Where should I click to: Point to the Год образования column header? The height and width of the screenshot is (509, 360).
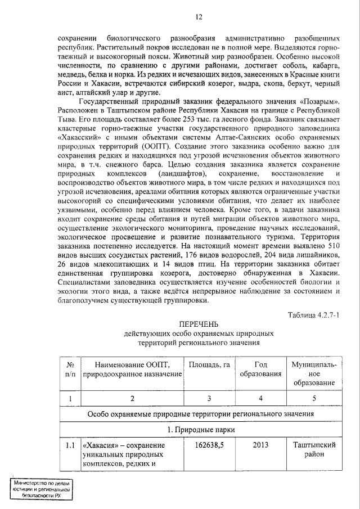260,369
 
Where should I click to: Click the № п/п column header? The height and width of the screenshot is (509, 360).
70,369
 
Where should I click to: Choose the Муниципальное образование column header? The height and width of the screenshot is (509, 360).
314,373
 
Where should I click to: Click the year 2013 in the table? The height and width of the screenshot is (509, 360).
260,445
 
